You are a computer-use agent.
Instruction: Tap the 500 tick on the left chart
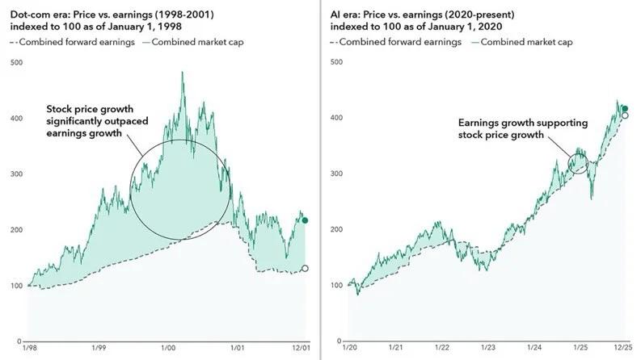(x=16, y=61)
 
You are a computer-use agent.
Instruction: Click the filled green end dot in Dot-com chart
(x=305, y=220)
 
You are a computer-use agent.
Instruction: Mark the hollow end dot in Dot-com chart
(x=305, y=269)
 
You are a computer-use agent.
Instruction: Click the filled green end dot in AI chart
(x=625, y=109)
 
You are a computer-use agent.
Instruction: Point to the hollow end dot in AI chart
(x=625, y=115)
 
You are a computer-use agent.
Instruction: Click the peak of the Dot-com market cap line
(x=182, y=73)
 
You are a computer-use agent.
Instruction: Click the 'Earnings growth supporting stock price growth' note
(x=523, y=128)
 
